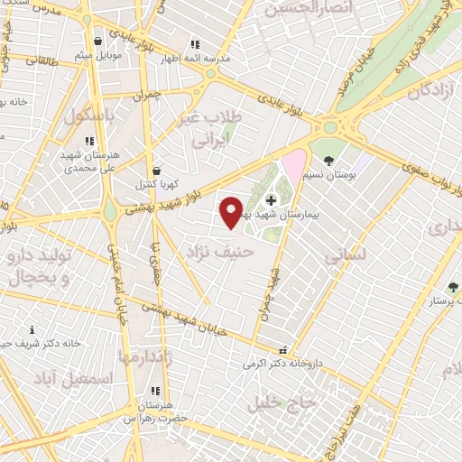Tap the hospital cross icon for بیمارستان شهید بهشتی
tap(272, 199)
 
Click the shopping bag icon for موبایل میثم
tap(97, 41)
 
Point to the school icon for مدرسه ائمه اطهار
tap(194, 44)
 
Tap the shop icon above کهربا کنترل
tap(158, 170)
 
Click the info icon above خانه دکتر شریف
tap(32, 329)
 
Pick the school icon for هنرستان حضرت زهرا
tap(155, 392)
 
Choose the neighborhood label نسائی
tap(344, 255)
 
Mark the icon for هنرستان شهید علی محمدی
tap(88, 141)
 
